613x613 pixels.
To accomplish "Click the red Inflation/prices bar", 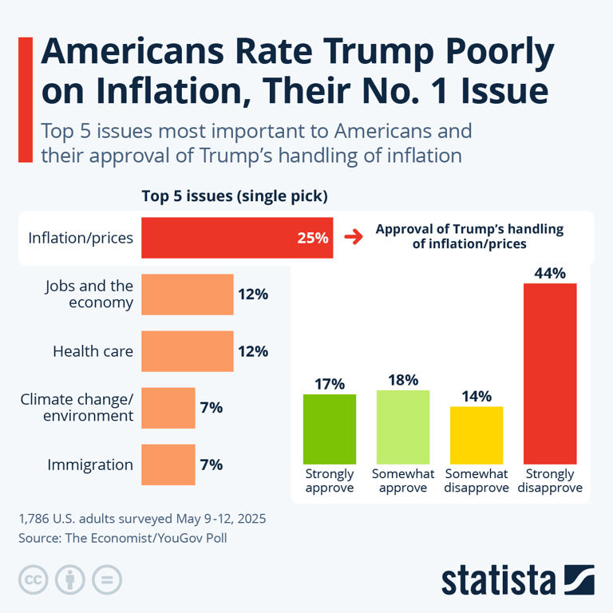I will coord(237,238).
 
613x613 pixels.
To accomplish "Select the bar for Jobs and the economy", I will coord(188,295).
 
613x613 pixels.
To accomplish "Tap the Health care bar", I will coord(188,351).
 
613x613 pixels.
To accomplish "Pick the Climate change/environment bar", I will coord(168,408).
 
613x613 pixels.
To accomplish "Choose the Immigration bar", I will coord(168,465).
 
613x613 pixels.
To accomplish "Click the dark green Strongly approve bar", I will coord(330,429).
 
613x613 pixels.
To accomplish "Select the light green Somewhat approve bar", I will coord(403,427).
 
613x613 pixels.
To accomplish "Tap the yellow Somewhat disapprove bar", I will coord(477,435).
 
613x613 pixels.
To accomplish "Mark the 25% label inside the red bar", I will coord(312,238).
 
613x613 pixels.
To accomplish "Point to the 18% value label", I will coord(403,380).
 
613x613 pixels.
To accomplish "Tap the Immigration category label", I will coord(90,465).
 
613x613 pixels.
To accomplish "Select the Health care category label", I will coord(93,351).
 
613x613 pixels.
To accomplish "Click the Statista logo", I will coord(518,579).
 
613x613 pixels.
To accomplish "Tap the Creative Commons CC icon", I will coord(33,579).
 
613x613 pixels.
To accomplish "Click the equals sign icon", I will coord(106,579).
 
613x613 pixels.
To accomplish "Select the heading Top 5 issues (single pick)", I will coord(235,196).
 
